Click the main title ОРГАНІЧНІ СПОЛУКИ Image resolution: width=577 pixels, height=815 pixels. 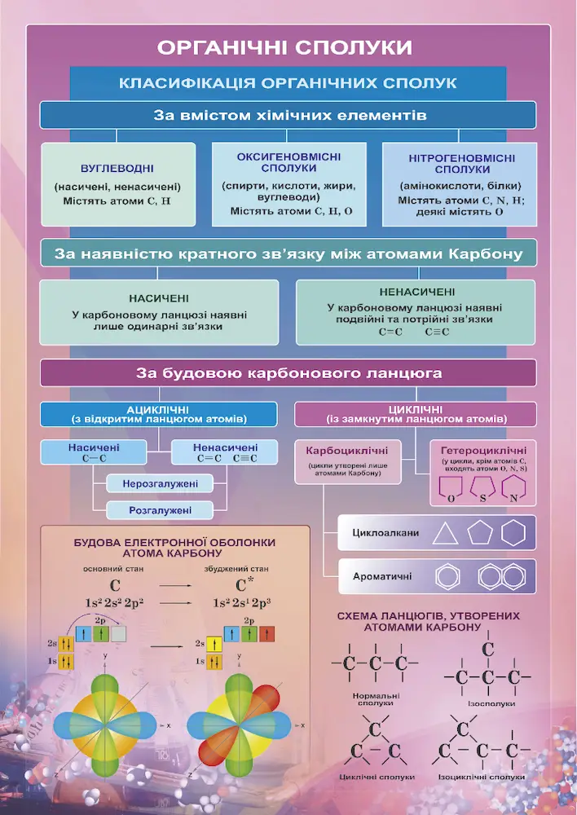(x=285, y=48)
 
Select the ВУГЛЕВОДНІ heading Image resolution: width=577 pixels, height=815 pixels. (x=117, y=169)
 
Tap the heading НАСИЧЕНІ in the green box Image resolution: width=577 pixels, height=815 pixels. (x=159, y=299)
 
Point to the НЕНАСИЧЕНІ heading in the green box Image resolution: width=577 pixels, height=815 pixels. (x=417, y=292)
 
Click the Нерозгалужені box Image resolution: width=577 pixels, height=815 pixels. (x=160, y=484)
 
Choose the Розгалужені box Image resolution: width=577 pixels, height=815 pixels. (x=160, y=510)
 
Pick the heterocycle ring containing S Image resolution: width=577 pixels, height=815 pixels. (x=482, y=489)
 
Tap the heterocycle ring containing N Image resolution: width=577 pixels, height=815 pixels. (x=513, y=489)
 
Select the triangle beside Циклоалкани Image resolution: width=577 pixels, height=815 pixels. (x=446, y=534)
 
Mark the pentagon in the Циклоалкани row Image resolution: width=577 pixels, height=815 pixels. (x=479, y=533)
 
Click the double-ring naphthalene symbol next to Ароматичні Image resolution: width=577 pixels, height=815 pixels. (x=503, y=576)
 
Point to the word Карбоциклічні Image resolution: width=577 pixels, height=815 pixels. (x=346, y=451)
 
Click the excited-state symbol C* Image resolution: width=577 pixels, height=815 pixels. (x=241, y=584)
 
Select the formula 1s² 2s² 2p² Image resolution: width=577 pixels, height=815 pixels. (x=114, y=603)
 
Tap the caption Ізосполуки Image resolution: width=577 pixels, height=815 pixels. (x=491, y=703)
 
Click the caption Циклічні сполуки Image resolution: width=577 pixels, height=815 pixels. (x=377, y=777)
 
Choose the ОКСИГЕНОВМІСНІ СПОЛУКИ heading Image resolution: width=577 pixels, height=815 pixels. (x=289, y=162)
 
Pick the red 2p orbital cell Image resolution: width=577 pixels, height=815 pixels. (x=266, y=634)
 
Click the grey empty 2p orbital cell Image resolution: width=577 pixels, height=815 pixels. (x=118, y=633)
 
